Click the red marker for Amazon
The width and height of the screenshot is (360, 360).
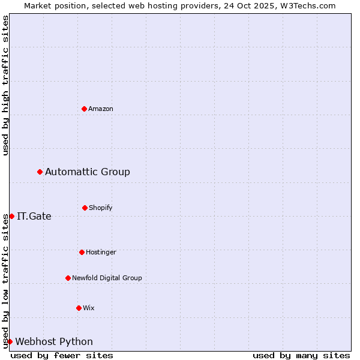tap(84, 109)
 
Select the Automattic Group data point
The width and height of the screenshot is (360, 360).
tap(40, 172)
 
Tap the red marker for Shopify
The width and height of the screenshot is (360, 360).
tap(85, 208)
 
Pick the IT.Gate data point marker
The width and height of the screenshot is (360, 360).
tap(11, 216)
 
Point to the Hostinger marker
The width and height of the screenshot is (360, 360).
tap(82, 252)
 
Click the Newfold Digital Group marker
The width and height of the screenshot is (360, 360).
tap(68, 278)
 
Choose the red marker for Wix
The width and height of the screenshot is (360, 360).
tap(79, 308)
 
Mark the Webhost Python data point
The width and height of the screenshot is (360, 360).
tap(10, 341)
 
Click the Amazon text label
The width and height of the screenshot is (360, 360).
tap(101, 109)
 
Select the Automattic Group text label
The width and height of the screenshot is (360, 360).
tap(88, 172)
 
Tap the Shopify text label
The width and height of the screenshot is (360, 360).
tap(101, 208)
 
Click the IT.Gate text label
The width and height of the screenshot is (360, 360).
tap(34, 217)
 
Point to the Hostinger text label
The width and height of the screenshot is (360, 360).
tap(101, 252)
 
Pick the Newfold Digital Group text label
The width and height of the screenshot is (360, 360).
tap(107, 278)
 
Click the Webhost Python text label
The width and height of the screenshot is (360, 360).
tap(54, 342)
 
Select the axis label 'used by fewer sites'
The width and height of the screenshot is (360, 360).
tap(62, 355)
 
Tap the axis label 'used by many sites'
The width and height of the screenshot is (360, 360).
tap(301, 355)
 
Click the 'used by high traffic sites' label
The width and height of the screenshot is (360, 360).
tap(5, 85)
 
